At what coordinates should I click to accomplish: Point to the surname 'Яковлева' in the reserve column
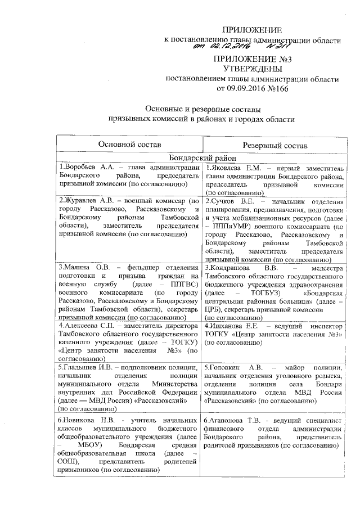(x=226, y=167)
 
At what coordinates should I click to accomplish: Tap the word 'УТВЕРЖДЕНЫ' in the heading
(x=252, y=69)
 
